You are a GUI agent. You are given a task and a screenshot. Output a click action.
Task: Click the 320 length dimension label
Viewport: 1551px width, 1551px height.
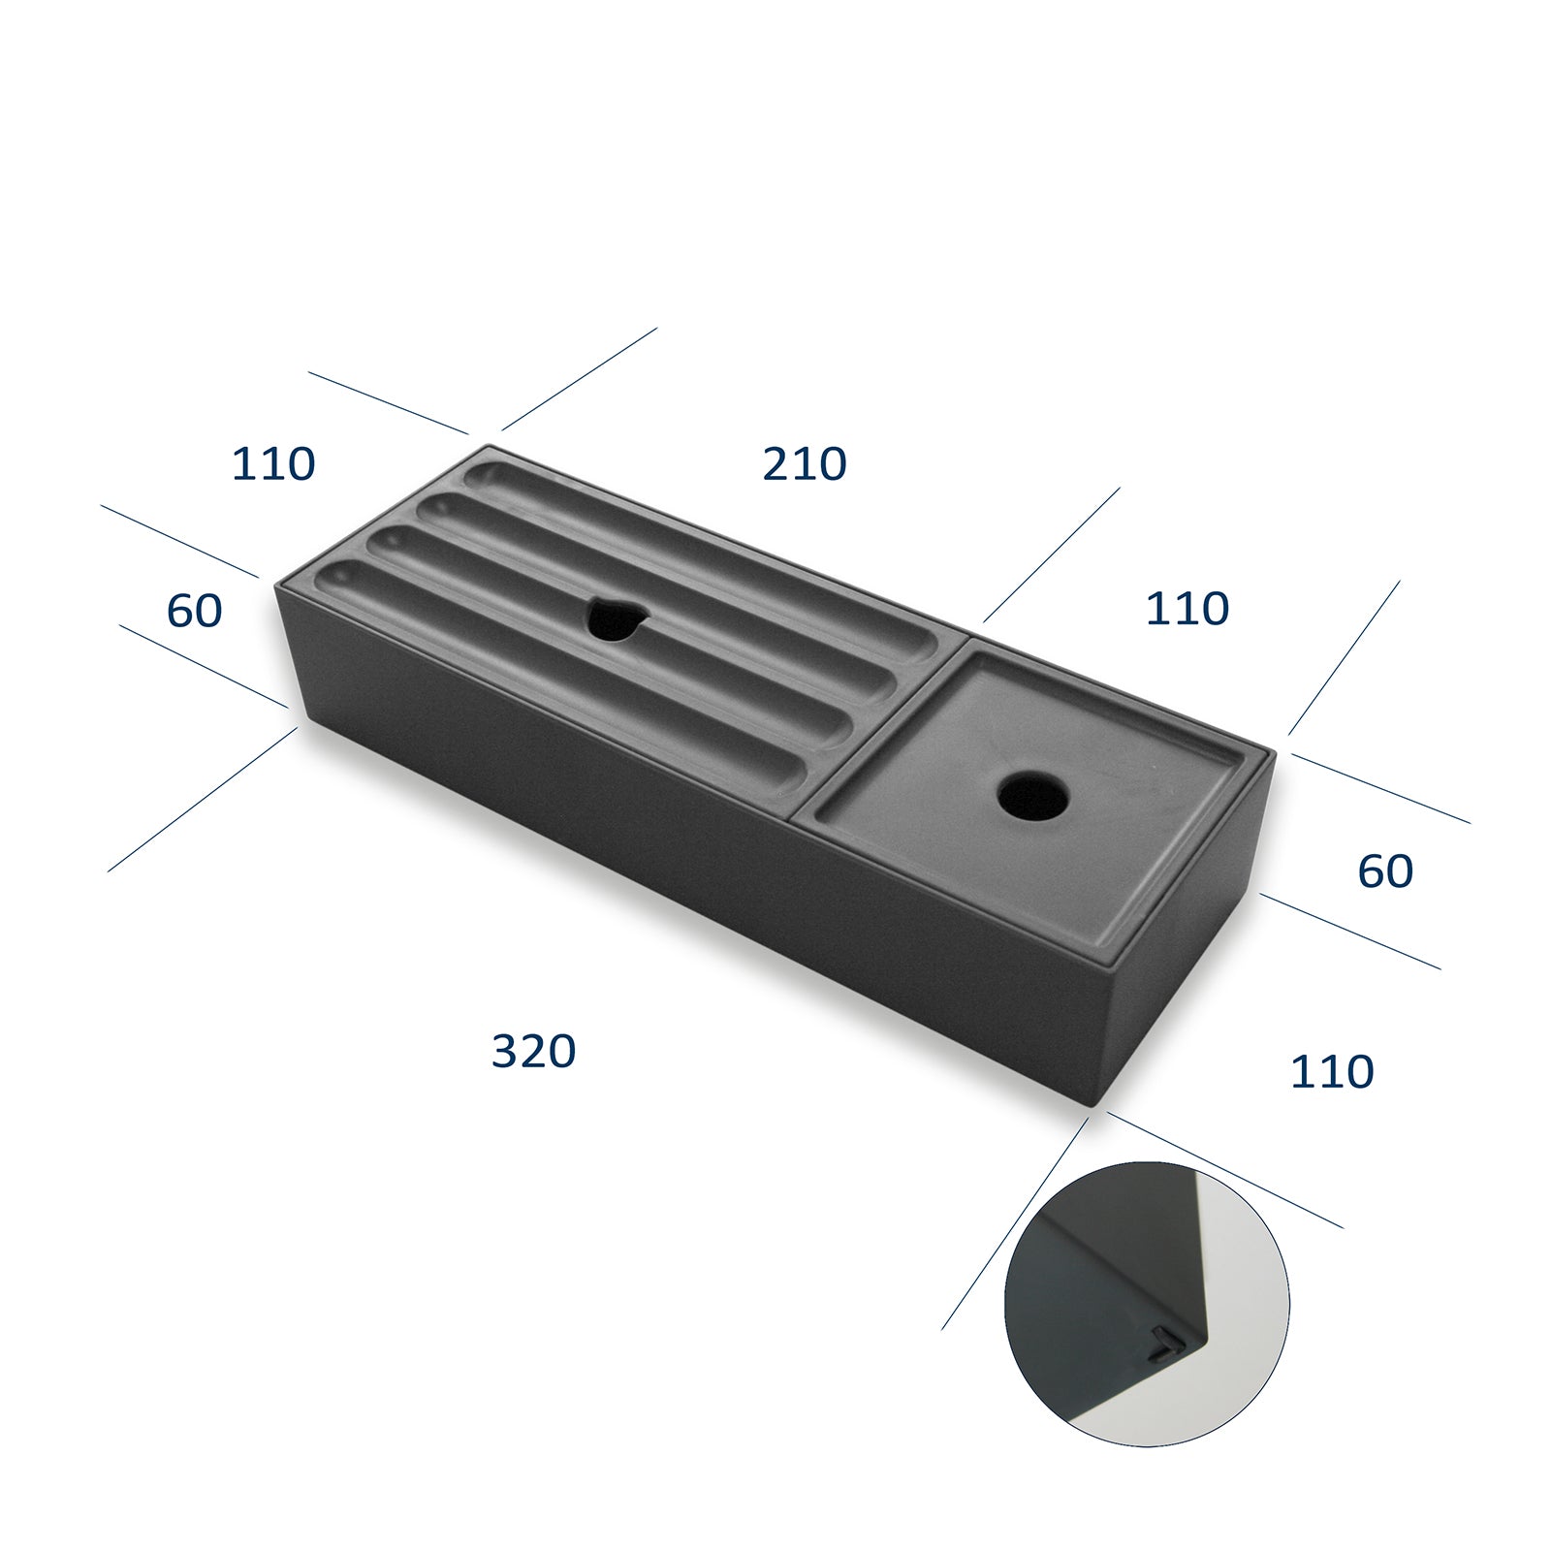coord(533,1051)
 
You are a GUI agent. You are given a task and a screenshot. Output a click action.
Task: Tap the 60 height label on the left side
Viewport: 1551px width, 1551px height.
coord(194,610)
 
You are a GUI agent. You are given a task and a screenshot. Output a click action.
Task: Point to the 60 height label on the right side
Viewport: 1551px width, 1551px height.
coord(1384,870)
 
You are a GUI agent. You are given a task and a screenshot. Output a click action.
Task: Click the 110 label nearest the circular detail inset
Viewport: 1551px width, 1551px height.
coord(1331,1071)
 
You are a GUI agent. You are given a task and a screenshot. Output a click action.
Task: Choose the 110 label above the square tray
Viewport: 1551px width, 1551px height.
coord(1187,608)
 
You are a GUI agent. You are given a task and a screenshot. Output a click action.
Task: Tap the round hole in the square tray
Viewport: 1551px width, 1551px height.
coord(1033,796)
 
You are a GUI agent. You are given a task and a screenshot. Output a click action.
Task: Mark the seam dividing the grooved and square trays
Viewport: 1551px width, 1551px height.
coord(877,727)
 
